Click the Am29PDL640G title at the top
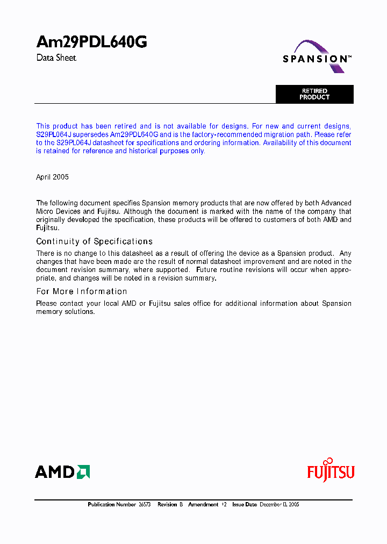click(91, 42)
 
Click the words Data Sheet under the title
click(56, 58)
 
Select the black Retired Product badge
click(314, 94)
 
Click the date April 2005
click(52, 177)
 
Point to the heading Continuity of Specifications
click(94, 241)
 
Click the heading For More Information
click(82, 291)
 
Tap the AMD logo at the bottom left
click(62, 472)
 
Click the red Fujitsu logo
click(331, 471)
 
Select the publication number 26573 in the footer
click(144, 505)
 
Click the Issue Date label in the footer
click(245, 505)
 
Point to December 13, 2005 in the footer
click(279, 505)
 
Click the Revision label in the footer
click(167, 505)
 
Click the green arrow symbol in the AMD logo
click(83, 472)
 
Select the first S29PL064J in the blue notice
click(53, 134)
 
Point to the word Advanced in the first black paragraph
click(336, 203)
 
